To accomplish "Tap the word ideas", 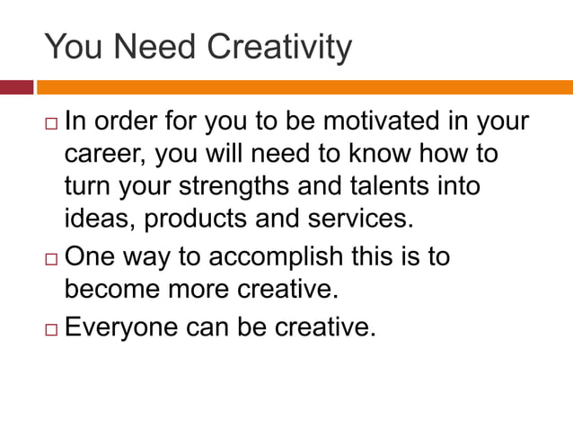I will coord(100,219).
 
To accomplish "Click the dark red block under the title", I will coord(16,87).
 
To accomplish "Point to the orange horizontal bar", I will coord(304,87).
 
